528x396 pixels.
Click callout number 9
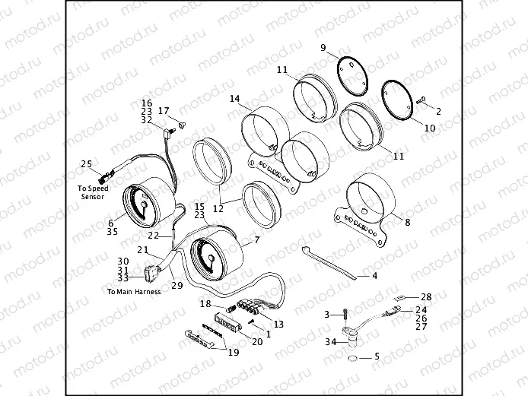323,48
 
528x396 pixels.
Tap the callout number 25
86,163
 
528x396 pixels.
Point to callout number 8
407,223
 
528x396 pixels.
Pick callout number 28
426,296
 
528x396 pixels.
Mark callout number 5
375,356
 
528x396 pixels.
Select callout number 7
256,240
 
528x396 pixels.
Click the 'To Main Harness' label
134,291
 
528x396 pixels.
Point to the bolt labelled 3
345,314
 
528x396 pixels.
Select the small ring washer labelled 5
351,357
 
